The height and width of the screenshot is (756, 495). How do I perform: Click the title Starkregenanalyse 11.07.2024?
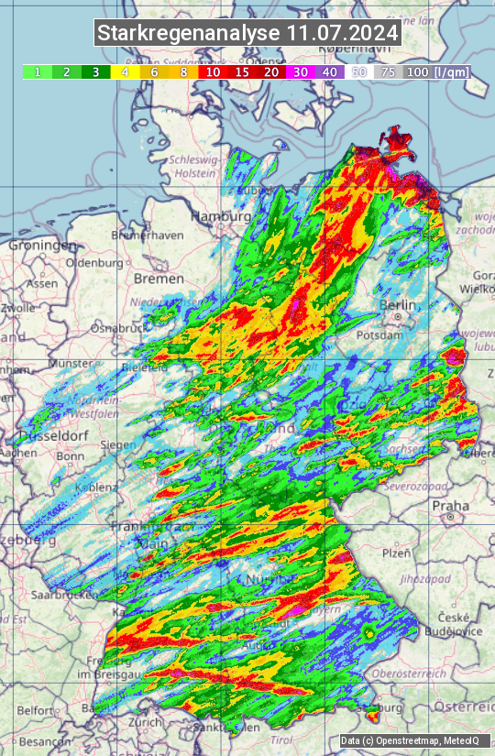[x=247, y=33]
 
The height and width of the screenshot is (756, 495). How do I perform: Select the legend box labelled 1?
[x=37, y=71]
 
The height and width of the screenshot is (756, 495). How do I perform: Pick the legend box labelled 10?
[x=213, y=71]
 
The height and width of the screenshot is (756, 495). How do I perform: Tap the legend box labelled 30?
[x=301, y=71]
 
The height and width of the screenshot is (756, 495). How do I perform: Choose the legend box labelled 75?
[x=389, y=71]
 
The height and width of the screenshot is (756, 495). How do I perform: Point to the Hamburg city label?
[x=220, y=216]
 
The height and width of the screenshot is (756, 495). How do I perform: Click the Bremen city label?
[x=159, y=278]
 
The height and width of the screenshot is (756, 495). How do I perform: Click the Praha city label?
[x=450, y=505]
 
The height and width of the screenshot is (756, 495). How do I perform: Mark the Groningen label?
[x=42, y=246]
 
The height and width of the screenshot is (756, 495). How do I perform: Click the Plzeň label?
[x=395, y=553]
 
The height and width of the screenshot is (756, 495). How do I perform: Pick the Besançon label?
[x=45, y=740]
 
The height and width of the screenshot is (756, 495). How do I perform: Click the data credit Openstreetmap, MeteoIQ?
[x=401, y=740]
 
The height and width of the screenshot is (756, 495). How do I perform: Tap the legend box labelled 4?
[x=125, y=71]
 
